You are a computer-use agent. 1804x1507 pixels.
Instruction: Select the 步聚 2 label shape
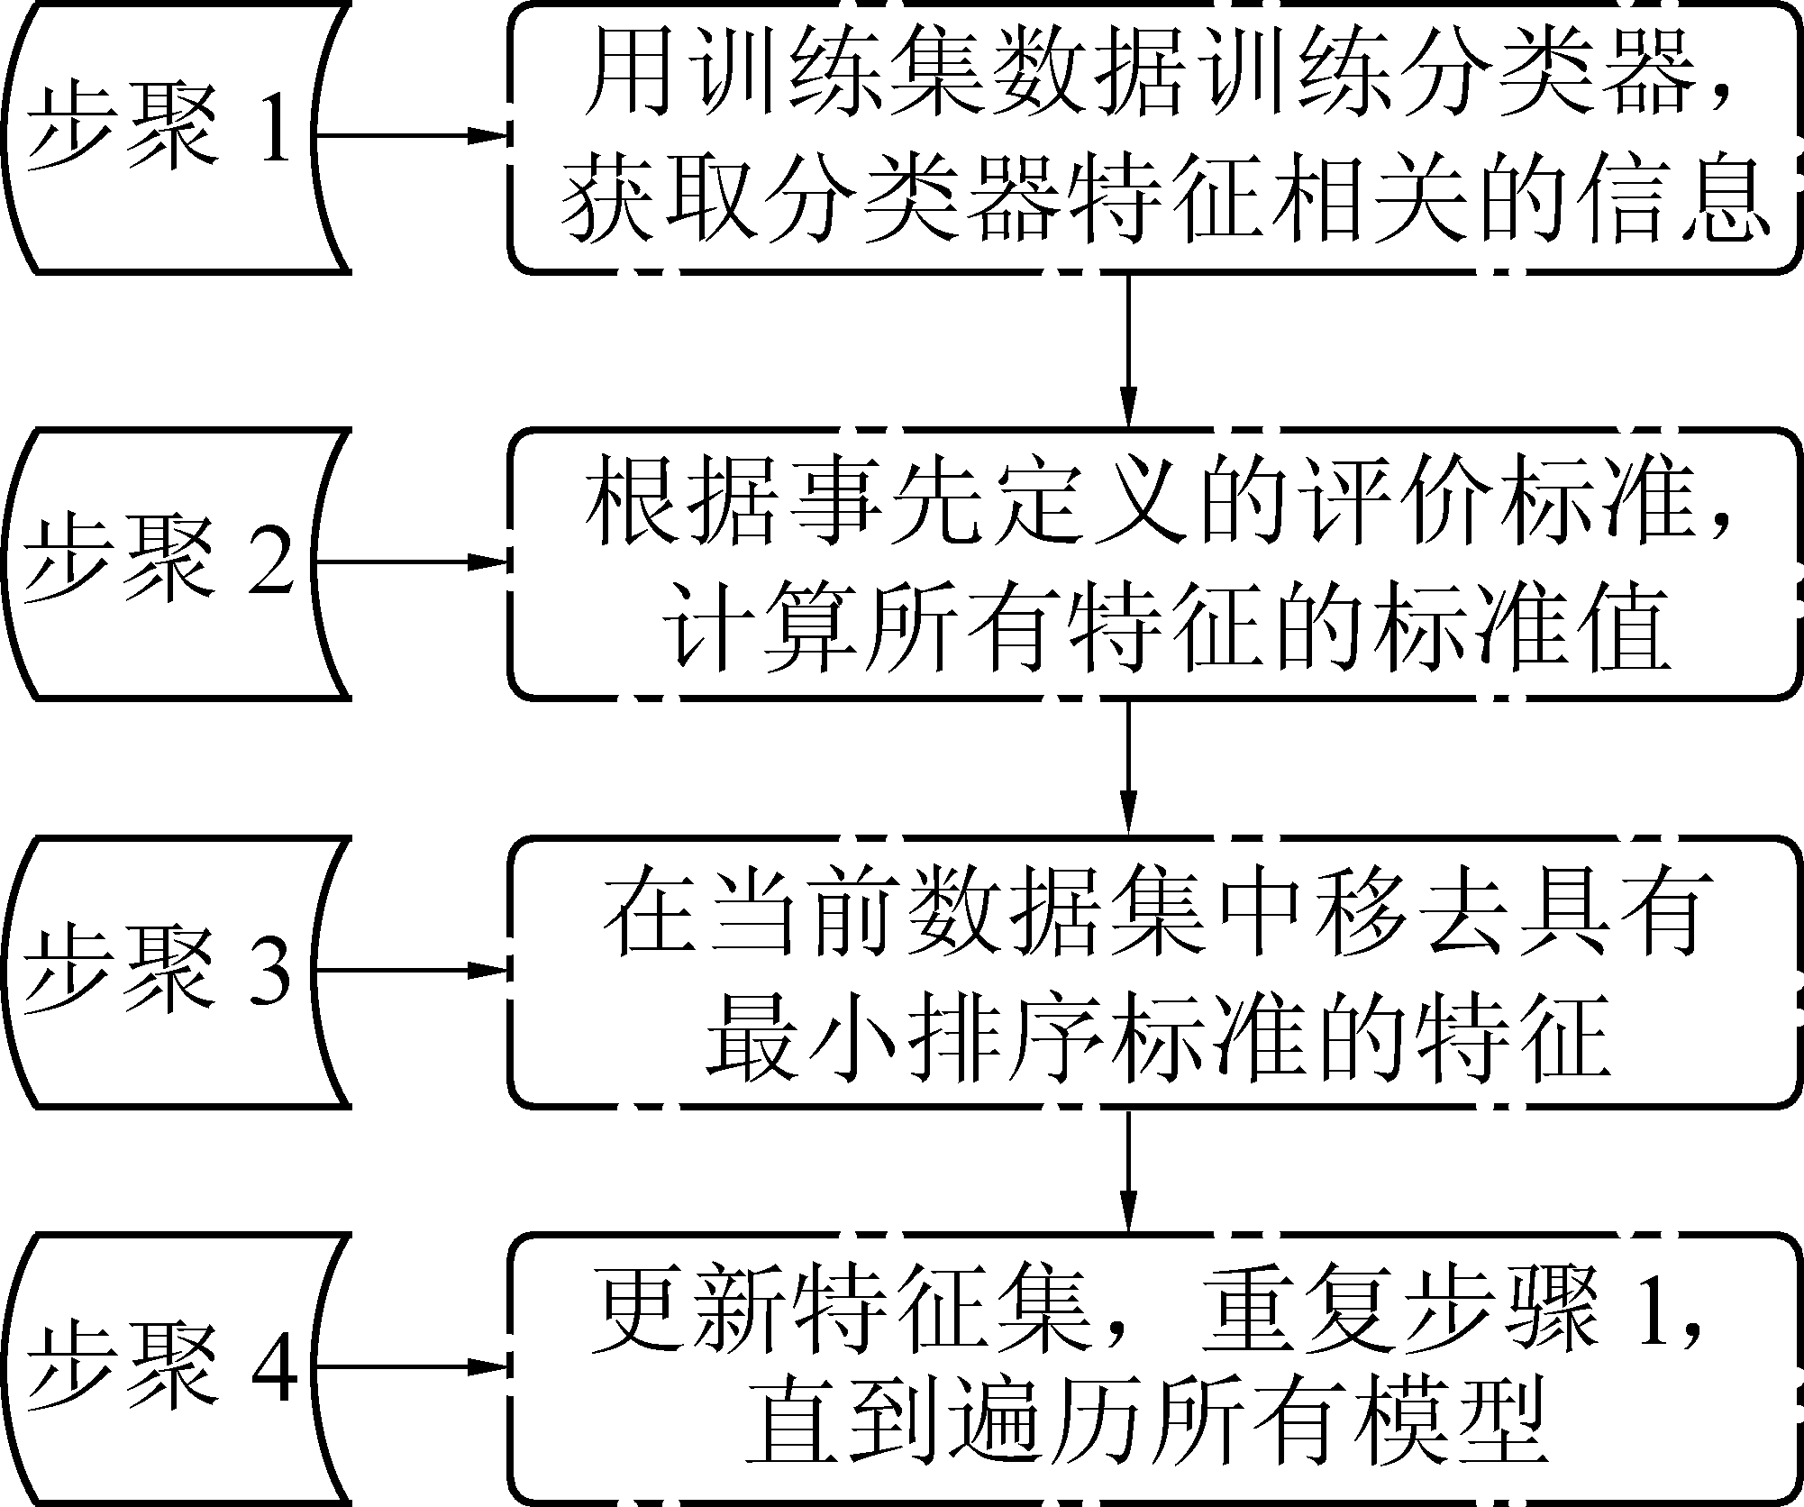click(x=171, y=563)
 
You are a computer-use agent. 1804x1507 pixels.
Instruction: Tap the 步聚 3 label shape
click(x=171, y=971)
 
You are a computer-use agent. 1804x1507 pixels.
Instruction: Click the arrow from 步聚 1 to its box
click(x=411, y=137)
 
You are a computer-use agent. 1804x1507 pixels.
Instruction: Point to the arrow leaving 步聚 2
click(x=411, y=563)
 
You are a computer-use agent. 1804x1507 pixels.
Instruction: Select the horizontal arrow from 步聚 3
click(x=411, y=971)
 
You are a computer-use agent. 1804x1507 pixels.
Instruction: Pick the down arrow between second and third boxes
click(x=1127, y=766)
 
